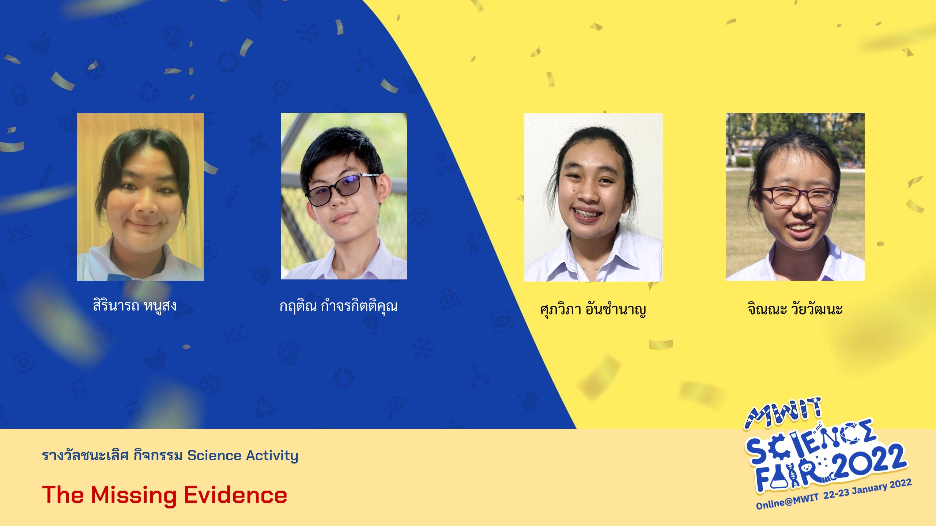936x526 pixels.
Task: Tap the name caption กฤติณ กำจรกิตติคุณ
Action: click(338, 306)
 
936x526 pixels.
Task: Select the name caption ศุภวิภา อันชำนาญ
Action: click(593, 309)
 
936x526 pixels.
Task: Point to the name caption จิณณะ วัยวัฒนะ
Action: click(795, 309)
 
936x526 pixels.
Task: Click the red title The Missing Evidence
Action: click(165, 495)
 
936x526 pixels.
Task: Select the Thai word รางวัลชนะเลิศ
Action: click(85, 456)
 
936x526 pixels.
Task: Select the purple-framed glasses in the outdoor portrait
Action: click(799, 197)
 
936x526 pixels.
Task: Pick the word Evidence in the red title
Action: click(235, 495)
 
